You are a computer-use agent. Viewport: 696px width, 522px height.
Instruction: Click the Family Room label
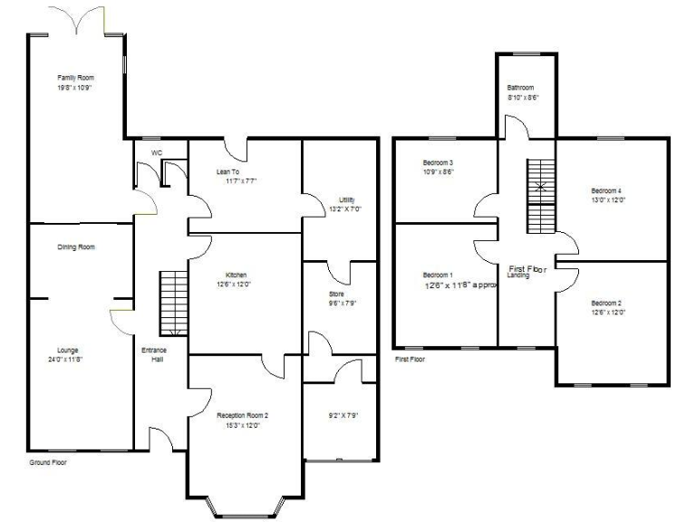coord(75,78)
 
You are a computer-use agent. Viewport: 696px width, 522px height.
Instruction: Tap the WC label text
coord(157,152)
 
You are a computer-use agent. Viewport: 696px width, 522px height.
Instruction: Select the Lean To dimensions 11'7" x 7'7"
coord(237,180)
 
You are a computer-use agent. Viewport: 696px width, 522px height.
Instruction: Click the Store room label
coord(336,294)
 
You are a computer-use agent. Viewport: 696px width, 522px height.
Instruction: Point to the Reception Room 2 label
coord(242,414)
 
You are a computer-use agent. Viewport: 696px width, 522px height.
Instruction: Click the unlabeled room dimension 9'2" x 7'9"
coord(342,415)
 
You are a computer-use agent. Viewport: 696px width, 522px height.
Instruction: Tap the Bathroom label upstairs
coord(520,87)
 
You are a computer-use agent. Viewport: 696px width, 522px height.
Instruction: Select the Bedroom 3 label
coord(438,161)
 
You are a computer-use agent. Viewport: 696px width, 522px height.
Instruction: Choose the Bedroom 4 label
coord(606,190)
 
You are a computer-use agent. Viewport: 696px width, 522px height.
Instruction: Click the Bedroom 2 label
coord(606,303)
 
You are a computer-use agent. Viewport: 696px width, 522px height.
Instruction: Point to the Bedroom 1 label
coord(438,275)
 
